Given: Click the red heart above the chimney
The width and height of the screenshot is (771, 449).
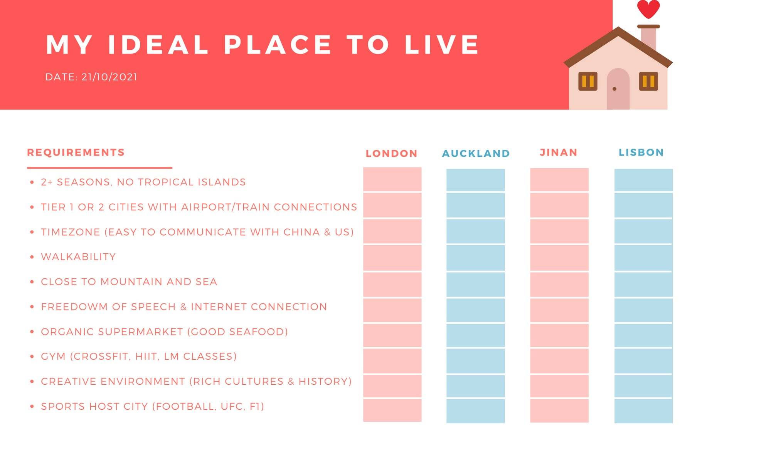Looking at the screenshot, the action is (x=648, y=9).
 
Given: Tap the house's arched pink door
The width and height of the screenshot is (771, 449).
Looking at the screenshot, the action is (x=618, y=89).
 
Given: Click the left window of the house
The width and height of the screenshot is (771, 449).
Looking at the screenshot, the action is (x=588, y=81).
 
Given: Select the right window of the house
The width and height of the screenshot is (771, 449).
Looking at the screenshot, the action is (x=648, y=81).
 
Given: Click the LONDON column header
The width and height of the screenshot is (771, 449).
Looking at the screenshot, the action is (x=392, y=154).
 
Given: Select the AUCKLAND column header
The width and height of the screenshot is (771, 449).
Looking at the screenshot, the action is (x=476, y=154).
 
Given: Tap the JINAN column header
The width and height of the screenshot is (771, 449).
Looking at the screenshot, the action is (x=559, y=152).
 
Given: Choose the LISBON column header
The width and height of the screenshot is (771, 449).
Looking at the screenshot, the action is (x=641, y=152).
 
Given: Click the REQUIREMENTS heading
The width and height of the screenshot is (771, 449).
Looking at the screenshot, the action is (x=76, y=152).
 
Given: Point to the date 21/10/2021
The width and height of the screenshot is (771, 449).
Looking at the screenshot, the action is (x=109, y=77).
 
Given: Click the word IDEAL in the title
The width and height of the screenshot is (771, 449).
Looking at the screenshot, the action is (x=158, y=45).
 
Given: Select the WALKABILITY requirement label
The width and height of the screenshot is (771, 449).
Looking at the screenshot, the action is (x=78, y=257).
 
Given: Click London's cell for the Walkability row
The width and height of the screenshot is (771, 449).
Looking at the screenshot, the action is (x=392, y=258).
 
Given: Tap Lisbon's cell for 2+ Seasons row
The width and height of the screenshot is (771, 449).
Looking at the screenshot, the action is (x=643, y=180).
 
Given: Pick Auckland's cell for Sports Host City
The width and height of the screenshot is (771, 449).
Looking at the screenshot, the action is (x=475, y=411).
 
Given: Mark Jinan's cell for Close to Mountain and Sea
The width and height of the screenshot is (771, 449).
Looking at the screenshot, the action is (x=559, y=285).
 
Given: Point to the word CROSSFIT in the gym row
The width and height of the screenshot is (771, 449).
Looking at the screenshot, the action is (x=101, y=357).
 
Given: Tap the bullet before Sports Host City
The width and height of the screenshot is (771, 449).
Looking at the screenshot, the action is (x=32, y=406).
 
